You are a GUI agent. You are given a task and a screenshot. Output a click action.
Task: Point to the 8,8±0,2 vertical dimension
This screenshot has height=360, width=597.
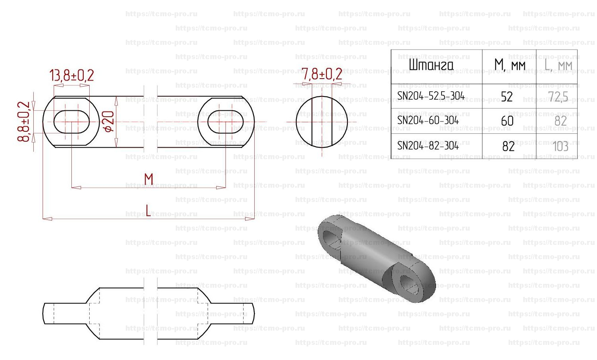(x=23, y=121)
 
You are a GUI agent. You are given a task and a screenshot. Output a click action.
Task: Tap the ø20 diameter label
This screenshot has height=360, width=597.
(x=109, y=121)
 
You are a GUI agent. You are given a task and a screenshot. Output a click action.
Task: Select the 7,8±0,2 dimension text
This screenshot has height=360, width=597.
(x=322, y=74)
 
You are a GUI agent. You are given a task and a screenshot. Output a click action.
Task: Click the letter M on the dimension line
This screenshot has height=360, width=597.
(x=148, y=179)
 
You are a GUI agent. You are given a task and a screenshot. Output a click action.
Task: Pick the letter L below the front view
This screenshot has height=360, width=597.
(x=148, y=210)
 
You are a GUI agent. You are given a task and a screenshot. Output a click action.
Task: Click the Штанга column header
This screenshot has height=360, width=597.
(x=431, y=65)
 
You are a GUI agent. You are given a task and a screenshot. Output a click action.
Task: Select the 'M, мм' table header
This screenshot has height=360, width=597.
(x=510, y=65)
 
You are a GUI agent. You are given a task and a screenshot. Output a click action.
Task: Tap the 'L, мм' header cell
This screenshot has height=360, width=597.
(x=558, y=65)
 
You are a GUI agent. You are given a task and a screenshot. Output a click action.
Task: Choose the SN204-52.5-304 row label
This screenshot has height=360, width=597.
(x=431, y=96)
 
